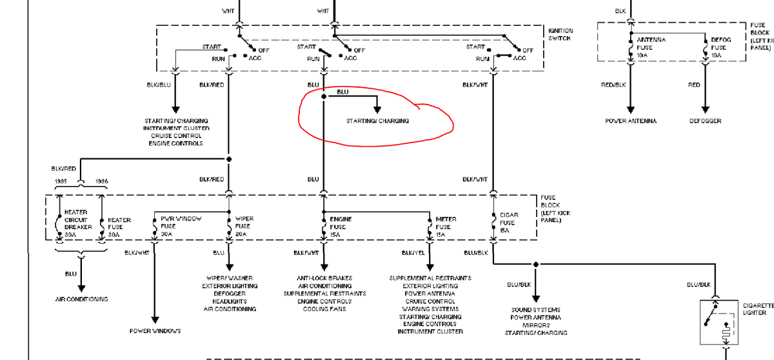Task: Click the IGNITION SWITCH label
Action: [x=560, y=35]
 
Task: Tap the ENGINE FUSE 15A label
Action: [x=341, y=226]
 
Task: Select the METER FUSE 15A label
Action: [x=446, y=226]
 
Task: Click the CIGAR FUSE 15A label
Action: [x=509, y=223]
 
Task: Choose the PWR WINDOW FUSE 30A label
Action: [x=181, y=226]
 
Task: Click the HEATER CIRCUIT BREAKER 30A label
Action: [x=78, y=223]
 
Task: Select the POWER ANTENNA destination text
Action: [x=631, y=121]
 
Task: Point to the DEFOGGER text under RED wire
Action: [x=705, y=121]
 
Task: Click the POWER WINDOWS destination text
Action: [x=155, y=331]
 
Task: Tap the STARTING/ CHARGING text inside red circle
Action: [x=377, y=121]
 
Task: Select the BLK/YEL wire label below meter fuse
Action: [x=413, y=252]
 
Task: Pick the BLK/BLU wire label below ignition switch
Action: [x=158, y=85]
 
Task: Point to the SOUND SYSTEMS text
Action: [x=535, y=310]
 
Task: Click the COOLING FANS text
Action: [x=324, y=309]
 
